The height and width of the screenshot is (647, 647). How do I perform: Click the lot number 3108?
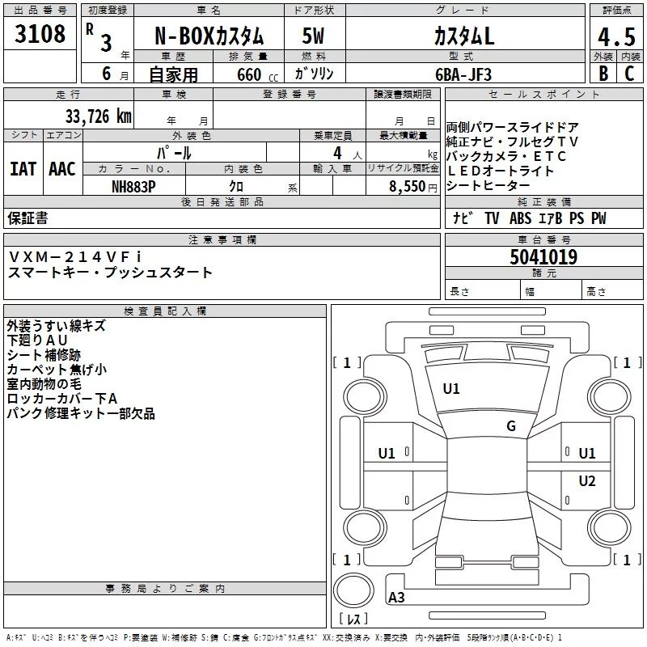[40, 34]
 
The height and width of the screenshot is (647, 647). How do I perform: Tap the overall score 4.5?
[616, 37]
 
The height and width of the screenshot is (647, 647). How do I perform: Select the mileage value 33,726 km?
[99, 116]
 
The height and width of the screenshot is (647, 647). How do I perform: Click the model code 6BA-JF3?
[463, 74]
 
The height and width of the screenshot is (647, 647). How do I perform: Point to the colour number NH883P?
[133, 187]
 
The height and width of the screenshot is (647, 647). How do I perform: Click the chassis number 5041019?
[543, 257]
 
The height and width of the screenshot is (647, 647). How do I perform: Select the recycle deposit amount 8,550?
[408, 187]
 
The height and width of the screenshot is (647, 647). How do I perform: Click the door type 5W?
[313, 36]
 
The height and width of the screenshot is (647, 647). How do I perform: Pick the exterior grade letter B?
[603, 74]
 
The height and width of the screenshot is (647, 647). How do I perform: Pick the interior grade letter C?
[629, 74]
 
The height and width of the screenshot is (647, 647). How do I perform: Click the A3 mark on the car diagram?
[396, 597]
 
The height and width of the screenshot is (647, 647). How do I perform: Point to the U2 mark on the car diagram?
[587, 480]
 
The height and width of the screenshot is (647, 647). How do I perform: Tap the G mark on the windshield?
[511, 426]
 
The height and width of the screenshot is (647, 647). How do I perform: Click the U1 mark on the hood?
[451, 389]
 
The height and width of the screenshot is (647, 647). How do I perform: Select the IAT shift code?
[23, 169]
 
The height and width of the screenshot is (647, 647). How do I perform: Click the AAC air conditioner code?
[62, 169]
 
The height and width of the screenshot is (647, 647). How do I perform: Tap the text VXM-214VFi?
[75, 256]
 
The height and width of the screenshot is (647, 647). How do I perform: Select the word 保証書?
[27, 218]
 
